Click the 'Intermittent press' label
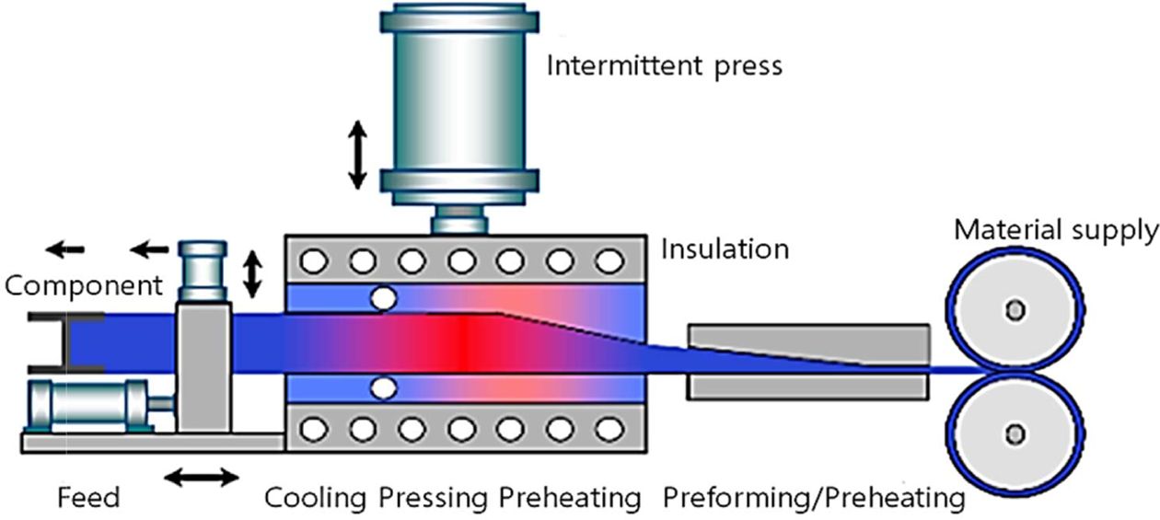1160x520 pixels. (664, 66)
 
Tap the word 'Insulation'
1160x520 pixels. (725, 249)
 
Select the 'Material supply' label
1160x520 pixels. (1055, 230)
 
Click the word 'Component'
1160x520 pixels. (84, 285)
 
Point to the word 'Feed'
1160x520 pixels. (88, 499)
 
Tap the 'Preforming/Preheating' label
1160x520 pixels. (813, 499)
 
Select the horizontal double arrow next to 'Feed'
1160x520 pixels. (202, 477)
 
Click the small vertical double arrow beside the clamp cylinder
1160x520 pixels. (251, 273)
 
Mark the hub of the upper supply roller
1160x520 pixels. (1015, 310)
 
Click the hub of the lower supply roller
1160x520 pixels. (1015, 433)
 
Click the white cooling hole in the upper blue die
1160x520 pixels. (382, 298)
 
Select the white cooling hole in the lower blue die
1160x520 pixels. (382, 389)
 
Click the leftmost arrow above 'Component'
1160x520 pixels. (65, 248)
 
